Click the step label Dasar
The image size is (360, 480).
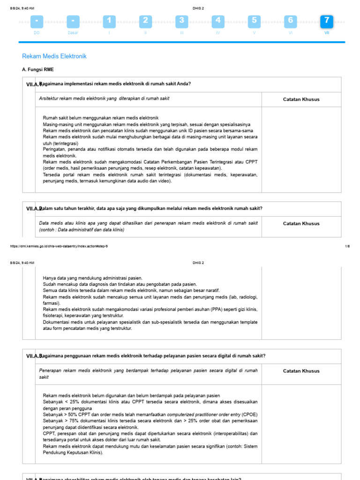73,33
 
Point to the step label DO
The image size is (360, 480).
37,33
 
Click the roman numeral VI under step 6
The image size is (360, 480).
290,33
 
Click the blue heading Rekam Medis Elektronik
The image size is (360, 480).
54,56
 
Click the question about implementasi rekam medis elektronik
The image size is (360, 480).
115,84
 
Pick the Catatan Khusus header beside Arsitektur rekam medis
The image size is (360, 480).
301,99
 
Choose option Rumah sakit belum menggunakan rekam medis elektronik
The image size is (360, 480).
101,118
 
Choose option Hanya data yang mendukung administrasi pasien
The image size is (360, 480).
93,278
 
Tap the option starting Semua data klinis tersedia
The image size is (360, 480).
131,290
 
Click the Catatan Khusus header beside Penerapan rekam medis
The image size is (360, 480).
301,371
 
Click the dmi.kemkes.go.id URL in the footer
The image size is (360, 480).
59,246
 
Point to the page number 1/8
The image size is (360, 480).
347,246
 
